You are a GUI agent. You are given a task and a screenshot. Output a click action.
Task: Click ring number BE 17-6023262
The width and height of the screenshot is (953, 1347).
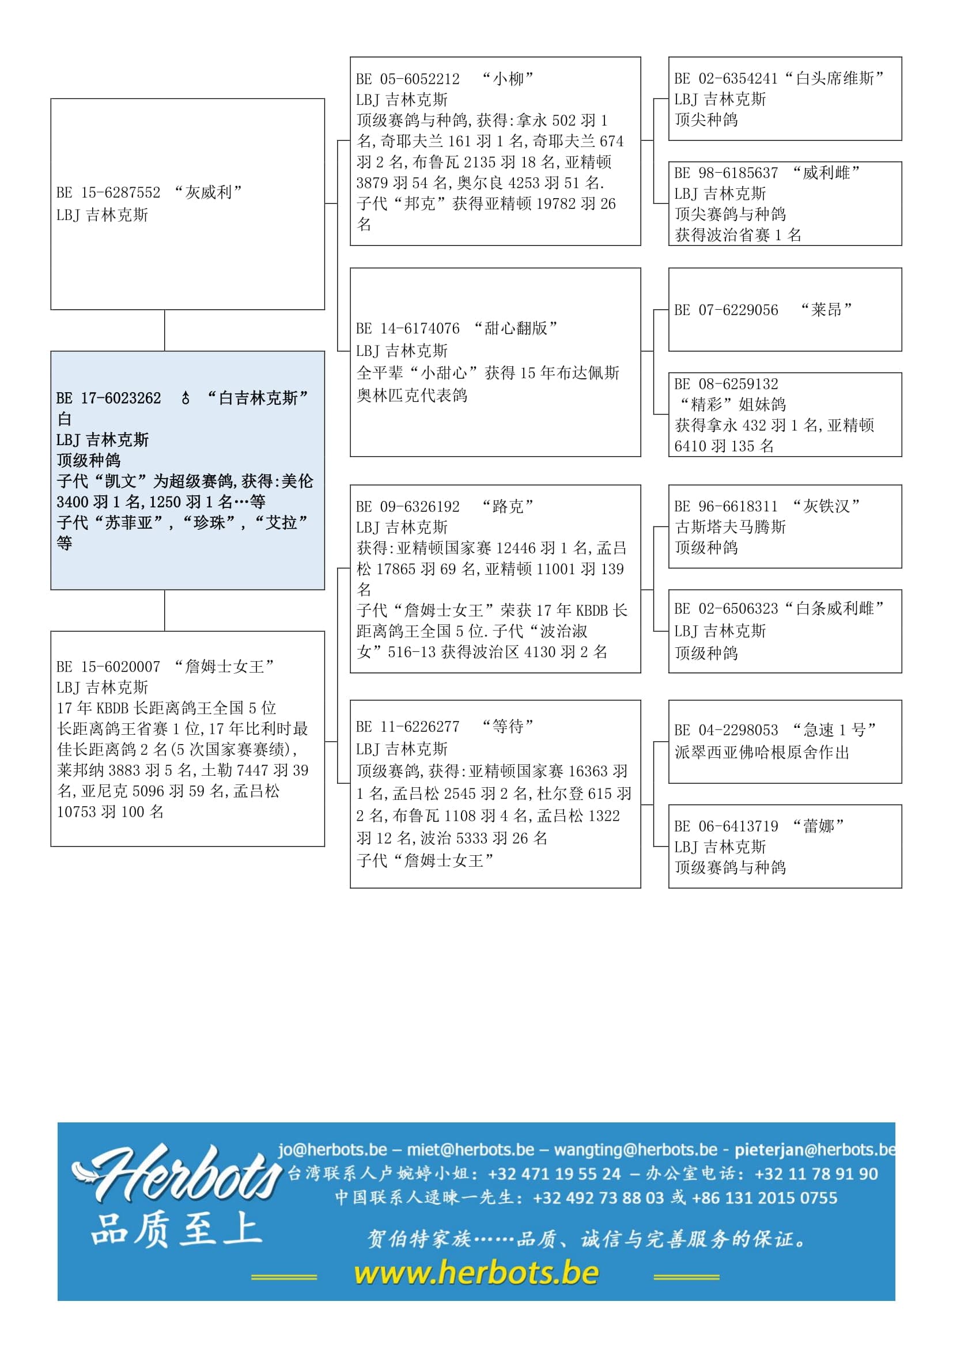click(108, 399)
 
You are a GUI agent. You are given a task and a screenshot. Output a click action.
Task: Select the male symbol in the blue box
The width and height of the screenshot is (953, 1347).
click(186, 399)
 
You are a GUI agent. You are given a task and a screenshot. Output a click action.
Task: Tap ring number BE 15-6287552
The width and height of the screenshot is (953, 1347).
click(108, 192)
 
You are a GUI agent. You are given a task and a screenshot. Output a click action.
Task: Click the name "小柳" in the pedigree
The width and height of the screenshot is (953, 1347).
click(508, 79)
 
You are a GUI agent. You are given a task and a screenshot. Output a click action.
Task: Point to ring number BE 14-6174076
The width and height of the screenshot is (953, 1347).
click(408, 328)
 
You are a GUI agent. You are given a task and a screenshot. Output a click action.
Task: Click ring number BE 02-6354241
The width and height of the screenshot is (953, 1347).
click(726, 79)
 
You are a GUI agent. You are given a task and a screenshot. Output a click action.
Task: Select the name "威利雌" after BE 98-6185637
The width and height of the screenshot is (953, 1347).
click(826, 173)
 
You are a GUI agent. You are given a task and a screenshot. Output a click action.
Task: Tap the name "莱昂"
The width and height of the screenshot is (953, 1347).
click(826, 310)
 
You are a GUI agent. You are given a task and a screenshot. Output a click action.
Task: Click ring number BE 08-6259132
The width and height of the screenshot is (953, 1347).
click(726, 384)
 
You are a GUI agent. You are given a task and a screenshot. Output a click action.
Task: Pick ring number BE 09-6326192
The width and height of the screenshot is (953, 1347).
click(408, 506)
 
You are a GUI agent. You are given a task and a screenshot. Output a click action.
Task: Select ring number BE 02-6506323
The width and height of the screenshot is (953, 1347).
click(726, 608)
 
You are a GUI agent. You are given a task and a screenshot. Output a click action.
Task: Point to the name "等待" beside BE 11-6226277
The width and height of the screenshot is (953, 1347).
click(508, 727)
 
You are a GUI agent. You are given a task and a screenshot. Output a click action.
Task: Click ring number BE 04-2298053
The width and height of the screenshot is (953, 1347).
click(726, 730)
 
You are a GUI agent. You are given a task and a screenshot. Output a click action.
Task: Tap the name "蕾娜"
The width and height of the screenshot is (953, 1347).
click(819, 826)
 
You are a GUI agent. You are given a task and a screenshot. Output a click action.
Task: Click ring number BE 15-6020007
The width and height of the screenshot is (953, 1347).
click(108, 666)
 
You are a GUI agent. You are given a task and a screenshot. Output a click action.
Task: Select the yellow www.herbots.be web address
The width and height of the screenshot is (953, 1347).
click(476, 1273)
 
